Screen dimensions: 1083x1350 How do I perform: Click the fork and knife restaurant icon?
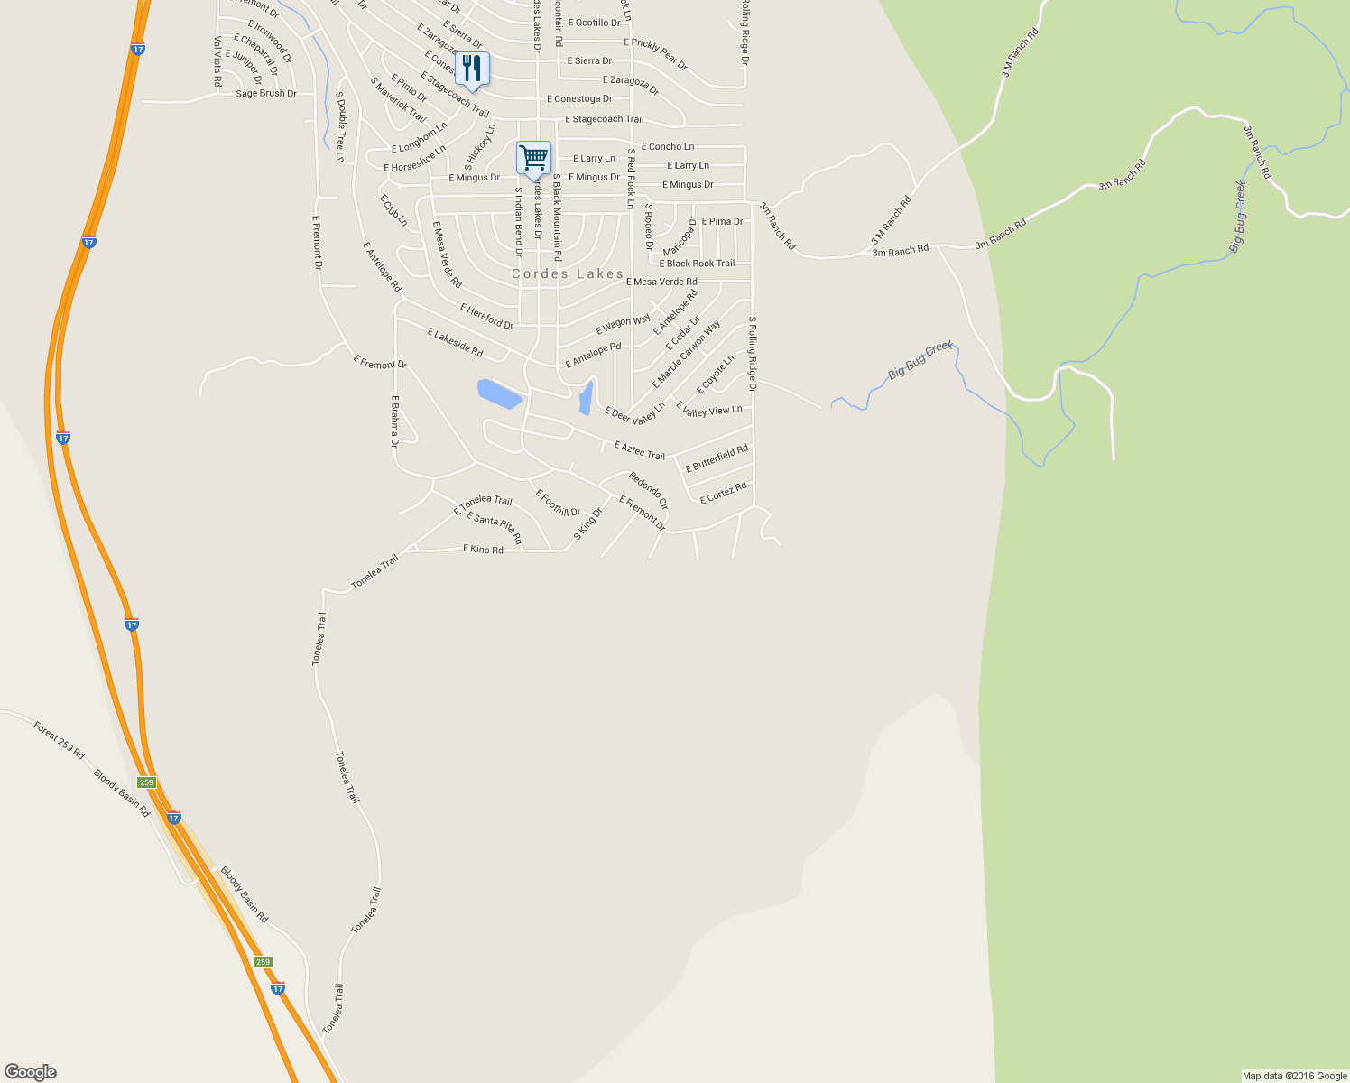pyautogui.click(x=472, y=68)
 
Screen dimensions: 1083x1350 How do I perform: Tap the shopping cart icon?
pyautogui.click(x=533, y=158)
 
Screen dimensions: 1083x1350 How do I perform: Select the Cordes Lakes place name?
pyautogui.click(x=568, y=273)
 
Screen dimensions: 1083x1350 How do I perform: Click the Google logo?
pyautogui.click(x=31, y=1072)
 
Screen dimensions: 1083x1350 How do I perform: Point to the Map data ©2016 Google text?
pyautogui.click(x=1294, y=1076)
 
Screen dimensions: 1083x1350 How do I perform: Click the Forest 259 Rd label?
pyautogui.click(x=59, y=739)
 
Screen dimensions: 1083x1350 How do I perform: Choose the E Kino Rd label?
pyautogui.click(x=483, y=549)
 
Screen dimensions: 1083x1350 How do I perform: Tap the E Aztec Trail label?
pyautogui.click(x=639, y=450)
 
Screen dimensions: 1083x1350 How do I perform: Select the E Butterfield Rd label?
pyautogui.click(x=717, y=458)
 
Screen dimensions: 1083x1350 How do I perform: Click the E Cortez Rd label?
pyautogui.click(x=723, y=493)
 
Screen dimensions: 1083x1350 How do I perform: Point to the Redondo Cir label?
pyautogui.click(x=649, y=491)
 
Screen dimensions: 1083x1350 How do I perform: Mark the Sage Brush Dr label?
pyautogui.click(x=266, y=94)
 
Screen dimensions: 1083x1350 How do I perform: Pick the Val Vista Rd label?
pyautogui.click(x=217, y=61)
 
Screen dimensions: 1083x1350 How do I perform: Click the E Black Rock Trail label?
pyautogui.click(x=697, y=264)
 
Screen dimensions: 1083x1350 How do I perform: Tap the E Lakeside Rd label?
pyautogui.click(x=455, y=342)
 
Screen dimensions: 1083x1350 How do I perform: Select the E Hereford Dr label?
pyautogui.click(x=486, y=317)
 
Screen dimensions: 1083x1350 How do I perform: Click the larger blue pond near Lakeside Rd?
pyautogui.click(x=499, y=393)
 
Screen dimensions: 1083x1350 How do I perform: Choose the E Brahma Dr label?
pyautogui.click(x=394, y=421)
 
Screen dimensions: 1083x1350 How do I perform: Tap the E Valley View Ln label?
pyautogui.click(x=709, y=411)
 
